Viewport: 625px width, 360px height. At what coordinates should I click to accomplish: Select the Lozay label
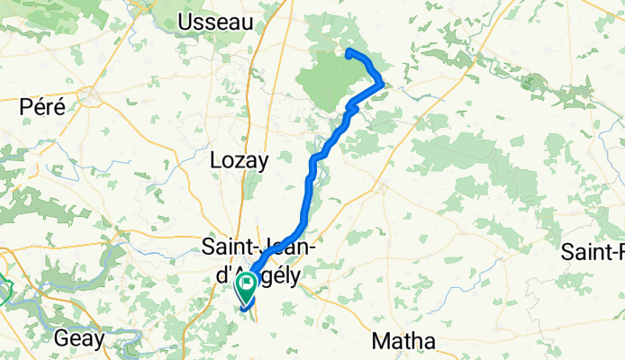tap(239, 161)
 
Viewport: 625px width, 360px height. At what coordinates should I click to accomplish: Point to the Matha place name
tap(405, 341)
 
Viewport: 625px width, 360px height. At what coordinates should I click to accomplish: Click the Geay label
tap(80, 339)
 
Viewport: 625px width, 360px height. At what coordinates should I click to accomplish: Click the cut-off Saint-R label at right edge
tap(594, 251)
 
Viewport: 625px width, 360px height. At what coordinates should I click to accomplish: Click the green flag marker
tap(245, 286)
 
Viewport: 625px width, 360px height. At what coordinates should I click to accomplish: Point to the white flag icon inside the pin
tap(245, 283)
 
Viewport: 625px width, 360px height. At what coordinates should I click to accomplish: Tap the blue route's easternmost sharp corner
tap(384, 85)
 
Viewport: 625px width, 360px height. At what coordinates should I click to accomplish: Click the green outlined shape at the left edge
tap(5, 290)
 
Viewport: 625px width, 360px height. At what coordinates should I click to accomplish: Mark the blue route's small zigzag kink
tap(351, 109)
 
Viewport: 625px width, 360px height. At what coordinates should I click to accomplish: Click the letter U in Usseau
tap(187, 22)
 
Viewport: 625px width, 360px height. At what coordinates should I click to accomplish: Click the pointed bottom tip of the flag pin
tap(245, 301)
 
